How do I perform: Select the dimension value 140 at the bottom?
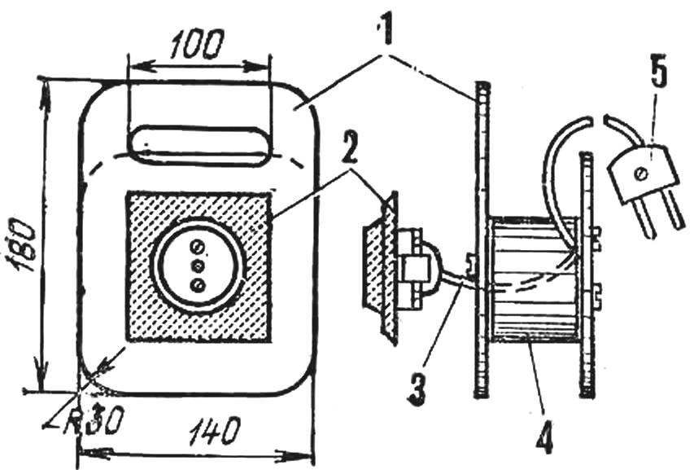214,431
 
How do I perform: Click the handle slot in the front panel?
199,145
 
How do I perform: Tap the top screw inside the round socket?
198,245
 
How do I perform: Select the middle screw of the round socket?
198,266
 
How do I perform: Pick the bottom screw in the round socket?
198,286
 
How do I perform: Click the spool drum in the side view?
535,279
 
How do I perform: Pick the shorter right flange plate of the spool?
587,275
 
